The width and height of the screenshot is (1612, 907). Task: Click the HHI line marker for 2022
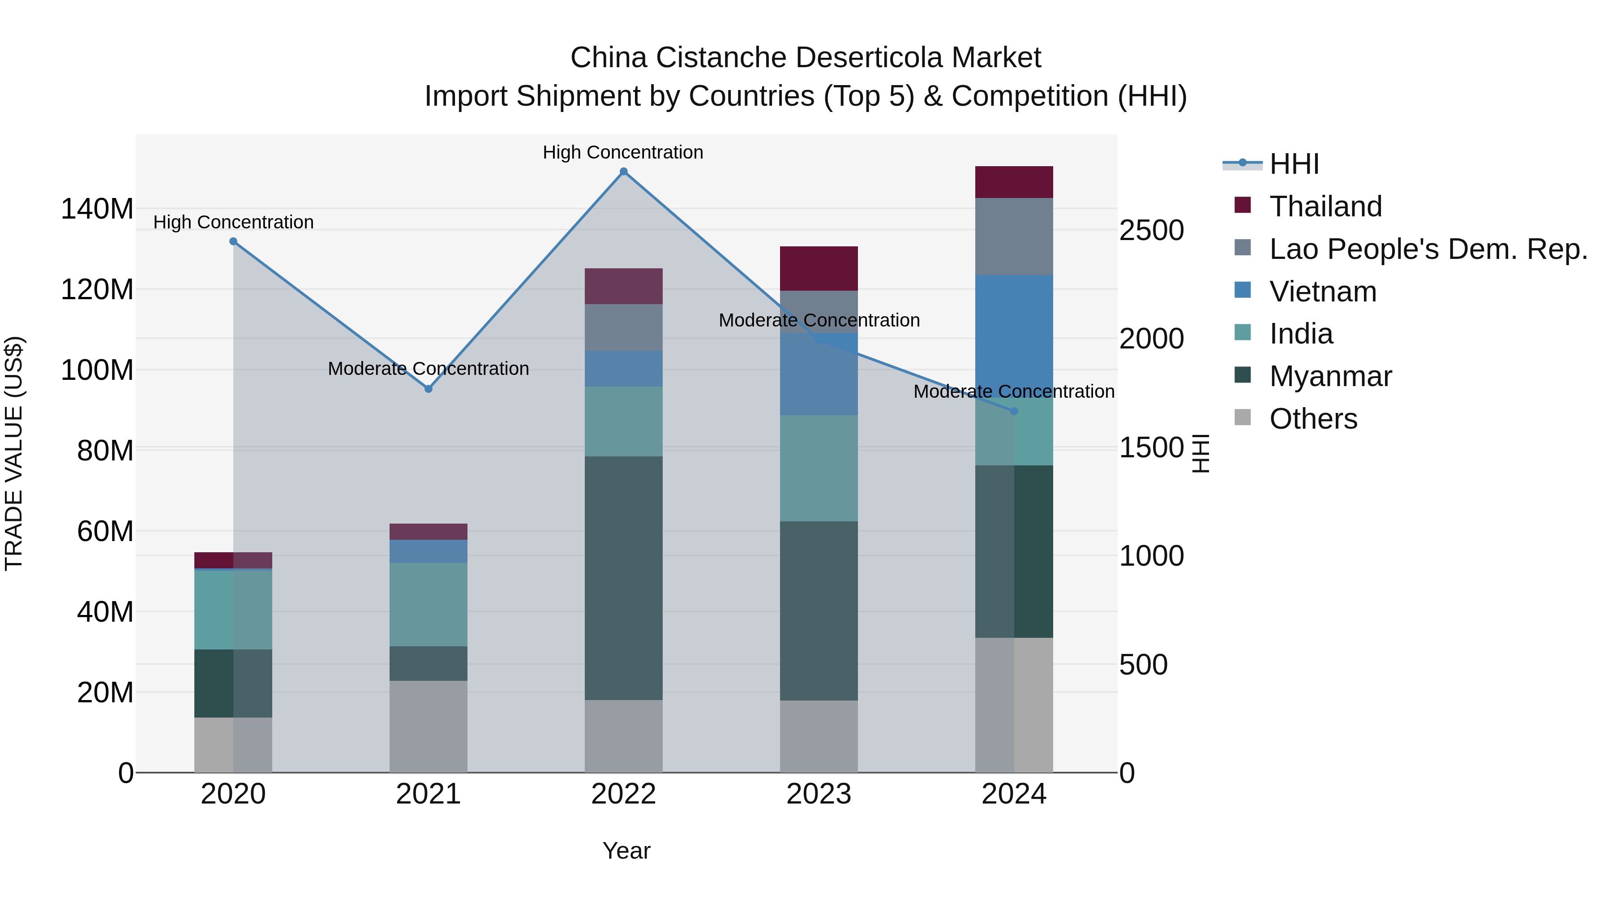[x=623, y=172]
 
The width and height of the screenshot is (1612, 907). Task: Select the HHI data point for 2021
[x=429, y=389]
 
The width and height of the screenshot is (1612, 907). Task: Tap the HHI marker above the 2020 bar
[x=233, y=241]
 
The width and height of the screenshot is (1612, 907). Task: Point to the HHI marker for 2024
[x=1014, y=411]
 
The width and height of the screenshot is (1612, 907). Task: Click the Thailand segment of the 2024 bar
[x=1014, y=182]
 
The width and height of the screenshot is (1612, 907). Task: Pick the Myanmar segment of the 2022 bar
[x=623, y=577]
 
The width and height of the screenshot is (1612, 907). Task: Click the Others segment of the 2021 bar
[x=429, y=726]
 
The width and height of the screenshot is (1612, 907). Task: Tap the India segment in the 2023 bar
[x=819, y=468]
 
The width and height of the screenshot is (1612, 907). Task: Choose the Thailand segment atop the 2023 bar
[x=819, y=269]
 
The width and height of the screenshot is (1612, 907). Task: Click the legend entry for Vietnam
[x=1322, y=292]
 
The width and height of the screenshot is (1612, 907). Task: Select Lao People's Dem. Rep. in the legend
[x=1428, y=249]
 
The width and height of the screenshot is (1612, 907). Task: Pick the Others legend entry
[x=1313, y=419]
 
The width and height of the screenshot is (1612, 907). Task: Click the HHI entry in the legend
[x=1294, y=164]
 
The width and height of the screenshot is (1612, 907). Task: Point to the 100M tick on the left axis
[x=97, y=370]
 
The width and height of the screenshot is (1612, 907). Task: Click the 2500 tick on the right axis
[x=1151, y=230]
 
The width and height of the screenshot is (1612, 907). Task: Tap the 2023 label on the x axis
[x=819, y=794]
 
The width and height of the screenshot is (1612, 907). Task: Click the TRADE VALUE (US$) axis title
[x=14, y=453]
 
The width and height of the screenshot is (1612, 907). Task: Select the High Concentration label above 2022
[x=623, y=152]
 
